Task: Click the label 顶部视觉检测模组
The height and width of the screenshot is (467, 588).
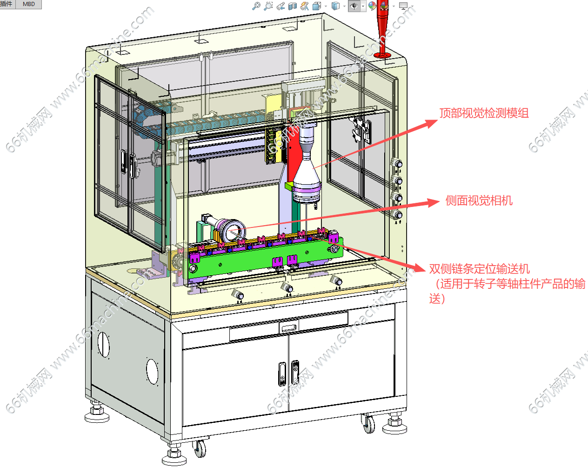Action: pos(484,113)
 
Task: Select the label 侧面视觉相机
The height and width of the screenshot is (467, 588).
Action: pos(479,200)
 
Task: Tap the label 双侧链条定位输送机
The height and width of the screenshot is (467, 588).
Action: pos(479,269)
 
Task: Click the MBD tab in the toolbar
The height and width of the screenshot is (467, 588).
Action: pos(29,4)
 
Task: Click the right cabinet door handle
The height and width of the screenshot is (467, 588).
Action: pos(295,372)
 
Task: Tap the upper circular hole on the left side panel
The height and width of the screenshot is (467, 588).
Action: pos(103,345)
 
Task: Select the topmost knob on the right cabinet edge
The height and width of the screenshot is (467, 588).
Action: pos(398,164)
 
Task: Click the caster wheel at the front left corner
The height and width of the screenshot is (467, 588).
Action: pos(200,448)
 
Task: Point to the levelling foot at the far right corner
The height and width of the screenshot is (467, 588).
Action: pos(395,424)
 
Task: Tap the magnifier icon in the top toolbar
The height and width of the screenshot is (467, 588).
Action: pos(256,6)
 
